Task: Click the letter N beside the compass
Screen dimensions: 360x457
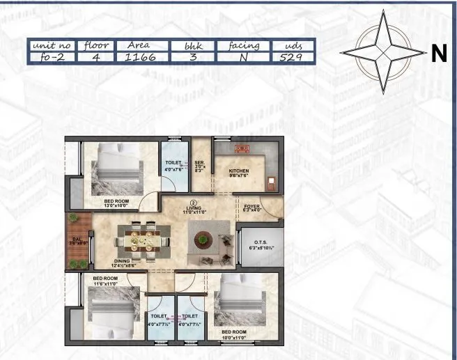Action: tap(438, 54)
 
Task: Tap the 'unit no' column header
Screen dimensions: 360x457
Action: tap(52, 45)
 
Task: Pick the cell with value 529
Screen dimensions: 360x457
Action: tap(290, 58)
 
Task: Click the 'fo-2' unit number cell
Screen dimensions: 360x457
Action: tap(52, 58)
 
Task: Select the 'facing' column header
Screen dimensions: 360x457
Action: tap(244, 45)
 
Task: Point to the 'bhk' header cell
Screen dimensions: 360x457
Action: tap(192, 45)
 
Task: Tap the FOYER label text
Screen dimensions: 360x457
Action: tap(252, 206)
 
